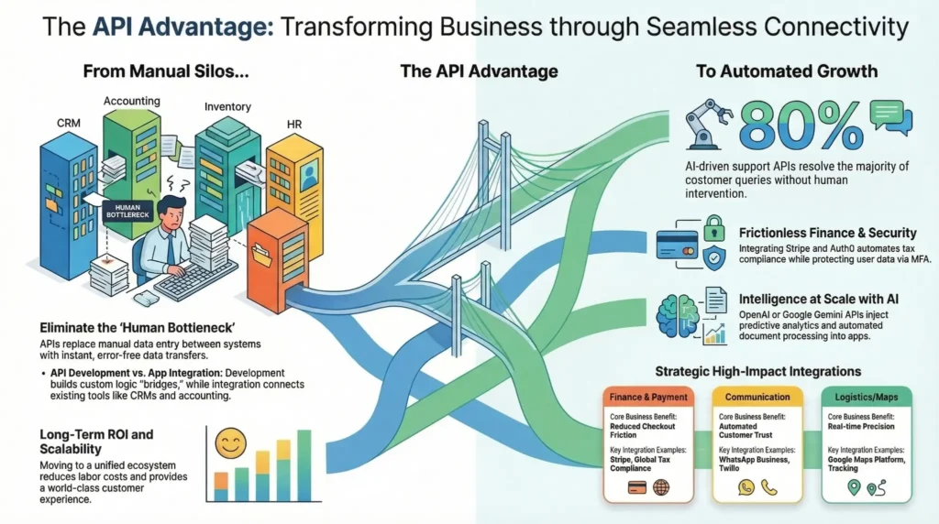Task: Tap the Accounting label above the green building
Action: [x=131, y=101]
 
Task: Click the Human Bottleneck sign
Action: [x=128, y=212]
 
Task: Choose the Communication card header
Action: [x=757, y=397]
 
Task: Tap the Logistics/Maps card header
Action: [x=867, y=397]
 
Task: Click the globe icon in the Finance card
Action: [x=661, y=486]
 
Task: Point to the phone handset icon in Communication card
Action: [x=768, y=487]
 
